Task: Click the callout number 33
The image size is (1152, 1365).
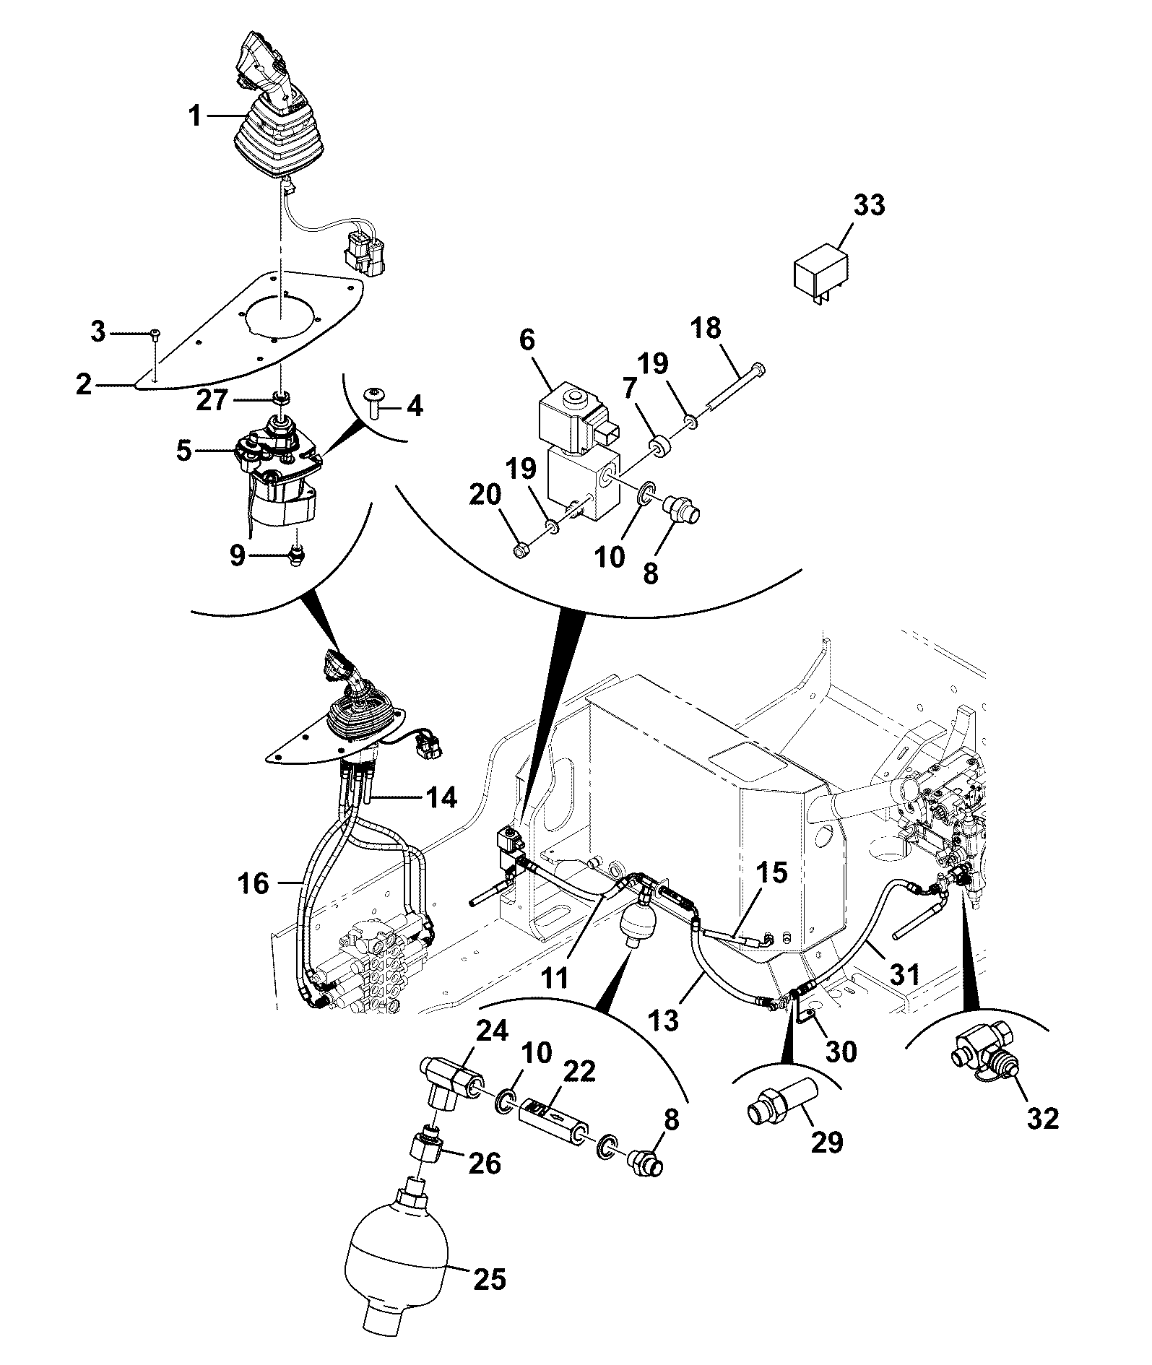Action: tap(869, 205)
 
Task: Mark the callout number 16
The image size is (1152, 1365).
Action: tap(253, 883)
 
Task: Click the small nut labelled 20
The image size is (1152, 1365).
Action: tap(518, 552)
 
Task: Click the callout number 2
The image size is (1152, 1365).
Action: tap(84, 385)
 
